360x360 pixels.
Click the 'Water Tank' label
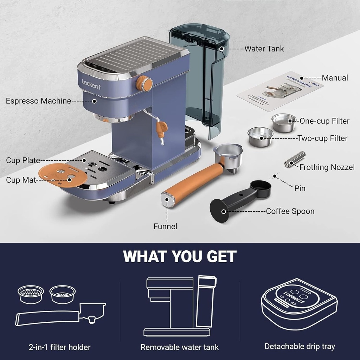pyautogui.click(x=264, y=49)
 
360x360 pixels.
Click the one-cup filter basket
pyautogui.click(x=284, y=122)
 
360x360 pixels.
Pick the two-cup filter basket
pyautogui.click(x=260, y=136)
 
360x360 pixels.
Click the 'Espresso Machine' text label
pyautogui.click(x=38, y=101)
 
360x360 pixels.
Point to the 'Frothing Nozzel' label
pyautogui.click(x=327, y=167)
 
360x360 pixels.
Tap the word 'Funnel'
pyautogui.click(x=165, y=226)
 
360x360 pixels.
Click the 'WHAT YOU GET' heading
pyautogui.click(x=180, y=257)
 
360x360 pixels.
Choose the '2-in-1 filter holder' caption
pyautogui.click(x=59, y=347)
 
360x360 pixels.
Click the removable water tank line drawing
pyautogui.click(x=180, y=306)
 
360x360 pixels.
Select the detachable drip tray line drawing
pyautogui.click(x=299, y=304)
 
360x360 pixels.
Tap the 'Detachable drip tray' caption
pyautogui.click(x=300, y=346)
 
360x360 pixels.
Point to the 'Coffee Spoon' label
pyautogui.click(x=290, y=211)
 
